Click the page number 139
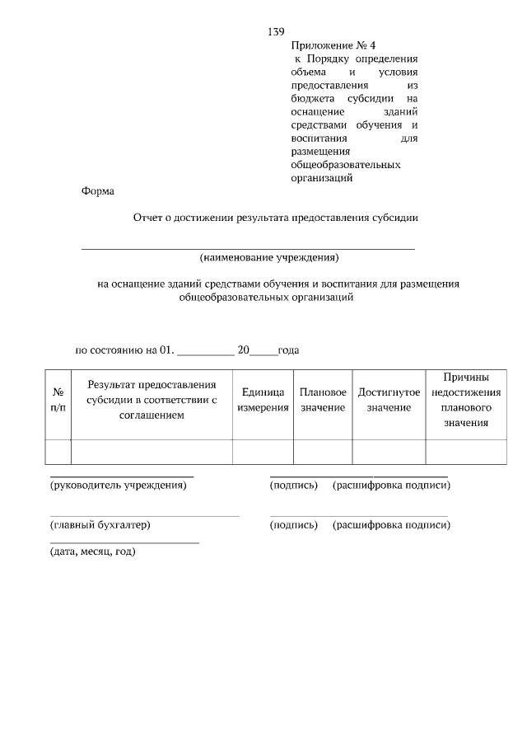[276, 32]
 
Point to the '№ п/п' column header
[58, 401]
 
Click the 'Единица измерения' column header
[263, 401]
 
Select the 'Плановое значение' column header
[323, 401]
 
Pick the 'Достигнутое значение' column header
[389, 401]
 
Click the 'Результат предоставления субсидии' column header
[152, 400]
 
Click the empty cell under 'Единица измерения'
[263, 453]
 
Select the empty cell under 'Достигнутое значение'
[389, 453]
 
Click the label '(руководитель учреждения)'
[119, 486]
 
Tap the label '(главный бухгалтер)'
[100, 525]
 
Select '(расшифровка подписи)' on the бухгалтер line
[391, 525]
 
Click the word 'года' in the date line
[288, 350]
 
